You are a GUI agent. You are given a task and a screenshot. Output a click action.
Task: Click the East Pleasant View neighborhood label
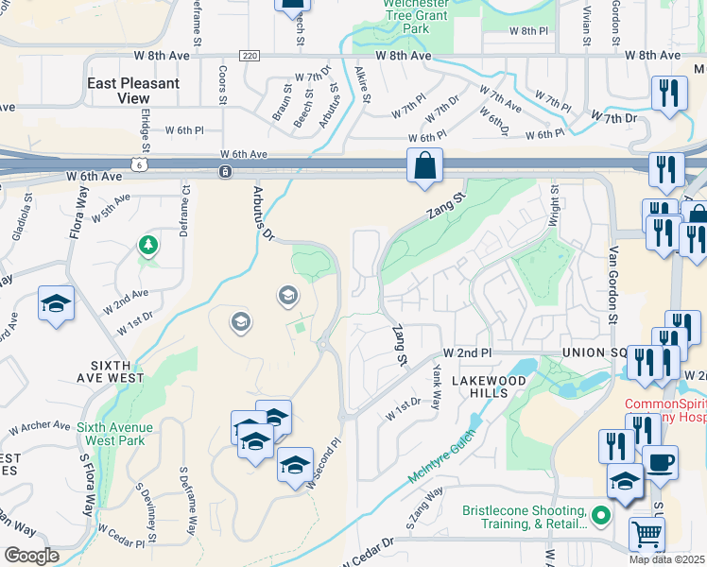tap(132, 91)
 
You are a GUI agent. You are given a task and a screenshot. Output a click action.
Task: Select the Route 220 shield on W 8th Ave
tap(249, 57)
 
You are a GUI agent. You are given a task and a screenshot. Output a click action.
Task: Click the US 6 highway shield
tap(140, 164)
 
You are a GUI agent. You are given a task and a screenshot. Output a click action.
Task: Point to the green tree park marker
tap(147, 247)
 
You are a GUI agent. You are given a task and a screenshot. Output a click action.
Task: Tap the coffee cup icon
tap(660, 464)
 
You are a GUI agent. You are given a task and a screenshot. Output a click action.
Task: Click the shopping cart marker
tap(647, 534)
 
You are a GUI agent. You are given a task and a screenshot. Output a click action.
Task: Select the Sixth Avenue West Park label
tap(115, 433)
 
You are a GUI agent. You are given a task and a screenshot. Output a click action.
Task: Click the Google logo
tap(30, 556)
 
